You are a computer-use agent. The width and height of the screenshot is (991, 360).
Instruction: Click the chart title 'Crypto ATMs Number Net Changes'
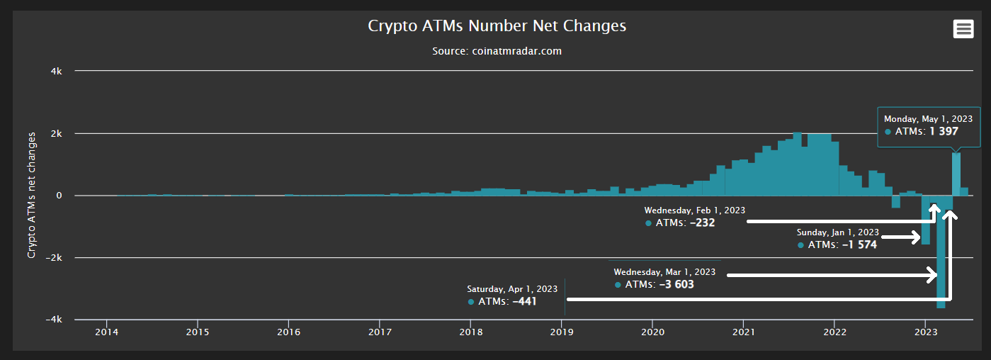[497, 26]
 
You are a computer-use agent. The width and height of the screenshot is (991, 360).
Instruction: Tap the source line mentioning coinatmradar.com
[497, 51]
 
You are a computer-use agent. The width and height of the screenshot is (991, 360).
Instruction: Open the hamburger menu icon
[962, 29]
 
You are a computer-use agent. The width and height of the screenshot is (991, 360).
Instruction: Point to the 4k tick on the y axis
[56, 71]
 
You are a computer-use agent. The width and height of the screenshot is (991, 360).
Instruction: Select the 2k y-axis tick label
[56, 133]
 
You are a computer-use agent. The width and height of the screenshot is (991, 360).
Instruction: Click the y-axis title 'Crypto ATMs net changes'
[32, 195]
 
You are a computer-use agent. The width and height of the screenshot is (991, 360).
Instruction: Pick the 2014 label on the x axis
[106, 332]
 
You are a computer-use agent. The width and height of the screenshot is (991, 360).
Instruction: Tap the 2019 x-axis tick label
[562, 332]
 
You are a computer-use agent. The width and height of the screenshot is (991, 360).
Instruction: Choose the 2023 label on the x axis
[926, 332]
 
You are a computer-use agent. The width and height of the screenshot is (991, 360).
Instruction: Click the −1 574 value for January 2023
[859, 244]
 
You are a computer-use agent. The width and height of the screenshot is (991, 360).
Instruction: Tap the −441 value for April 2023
[524, 302]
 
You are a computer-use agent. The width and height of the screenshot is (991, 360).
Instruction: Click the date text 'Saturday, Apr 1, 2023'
[512, 289]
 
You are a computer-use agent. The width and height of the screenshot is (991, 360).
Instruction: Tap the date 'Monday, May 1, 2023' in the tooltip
[928, 119]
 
